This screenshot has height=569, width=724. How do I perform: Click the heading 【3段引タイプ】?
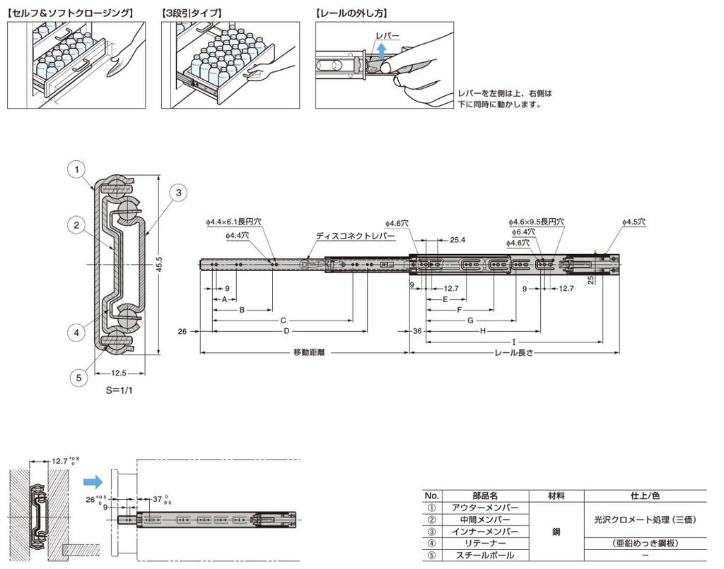(x=192, y=13)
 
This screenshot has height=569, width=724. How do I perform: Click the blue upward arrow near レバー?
(x=382, y=51)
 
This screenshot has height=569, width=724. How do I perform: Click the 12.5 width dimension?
(x=119, y=373)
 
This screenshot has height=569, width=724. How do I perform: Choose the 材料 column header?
(x=556, y=496)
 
